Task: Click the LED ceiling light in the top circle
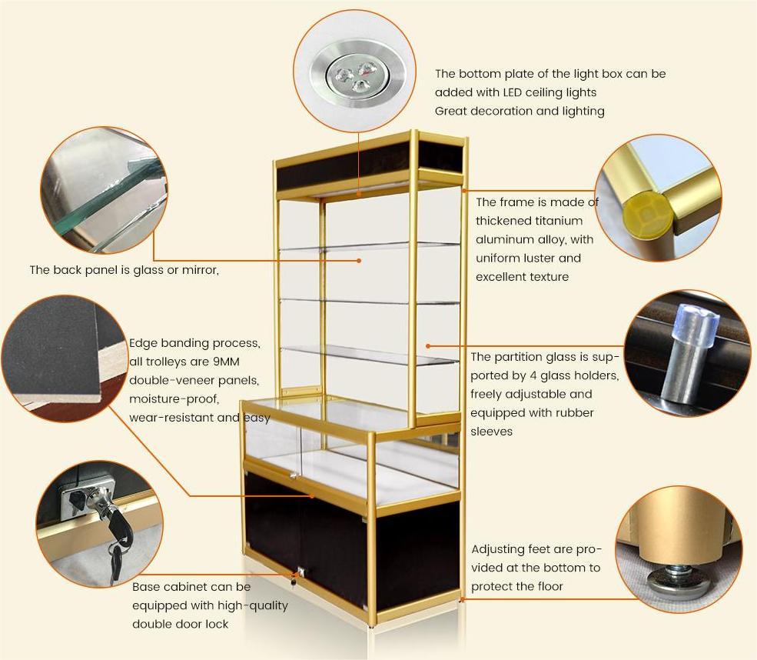click(350, 75)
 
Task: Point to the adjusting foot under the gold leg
click(674, 578)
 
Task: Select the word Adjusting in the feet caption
click(498, 549)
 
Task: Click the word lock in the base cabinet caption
click(215, 624)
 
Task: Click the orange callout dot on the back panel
click(359, 261)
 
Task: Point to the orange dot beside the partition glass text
click(428, 347)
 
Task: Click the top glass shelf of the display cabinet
click(369, 246)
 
